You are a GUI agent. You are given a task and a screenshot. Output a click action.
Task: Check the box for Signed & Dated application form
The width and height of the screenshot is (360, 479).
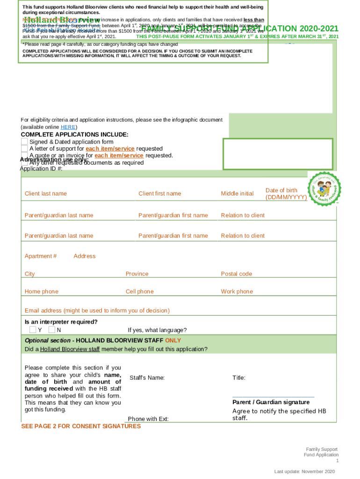pos(24,142)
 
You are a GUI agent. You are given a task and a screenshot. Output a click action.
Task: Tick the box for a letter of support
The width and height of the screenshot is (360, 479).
pos(24,149)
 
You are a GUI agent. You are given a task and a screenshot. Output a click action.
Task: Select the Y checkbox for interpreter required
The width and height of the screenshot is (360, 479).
pos(33,330)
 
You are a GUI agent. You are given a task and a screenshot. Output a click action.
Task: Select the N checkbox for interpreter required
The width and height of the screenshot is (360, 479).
pos(51,330)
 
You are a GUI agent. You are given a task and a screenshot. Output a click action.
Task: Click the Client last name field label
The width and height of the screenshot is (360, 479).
pos(46,194)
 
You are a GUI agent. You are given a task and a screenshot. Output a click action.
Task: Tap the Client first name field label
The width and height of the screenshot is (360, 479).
pos(159,194)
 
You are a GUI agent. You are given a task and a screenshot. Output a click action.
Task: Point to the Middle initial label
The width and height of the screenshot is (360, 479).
pos(237,194)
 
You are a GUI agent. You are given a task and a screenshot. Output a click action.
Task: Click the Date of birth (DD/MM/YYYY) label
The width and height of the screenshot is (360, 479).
pos(286,194)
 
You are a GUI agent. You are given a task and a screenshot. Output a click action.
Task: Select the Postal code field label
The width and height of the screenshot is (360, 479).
pos(236,274)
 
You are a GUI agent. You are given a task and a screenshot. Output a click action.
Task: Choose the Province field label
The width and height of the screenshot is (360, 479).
pos(137,274)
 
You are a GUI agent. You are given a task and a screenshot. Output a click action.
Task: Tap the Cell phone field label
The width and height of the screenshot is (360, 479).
pos(139,292)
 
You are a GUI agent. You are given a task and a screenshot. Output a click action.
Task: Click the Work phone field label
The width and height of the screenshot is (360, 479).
pos(237,292)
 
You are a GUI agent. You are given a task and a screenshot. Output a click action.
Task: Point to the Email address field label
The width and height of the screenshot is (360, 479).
pos(97,311)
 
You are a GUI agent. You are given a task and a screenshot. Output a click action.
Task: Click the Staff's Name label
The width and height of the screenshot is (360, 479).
pos(147,378)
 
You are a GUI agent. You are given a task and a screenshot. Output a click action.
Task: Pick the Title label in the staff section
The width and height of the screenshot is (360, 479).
pos(239,378)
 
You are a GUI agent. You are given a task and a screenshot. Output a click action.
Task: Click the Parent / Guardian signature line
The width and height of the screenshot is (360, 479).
pos(273,397)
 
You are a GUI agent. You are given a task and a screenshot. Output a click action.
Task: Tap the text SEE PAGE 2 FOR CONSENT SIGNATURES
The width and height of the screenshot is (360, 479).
pos(81,427)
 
